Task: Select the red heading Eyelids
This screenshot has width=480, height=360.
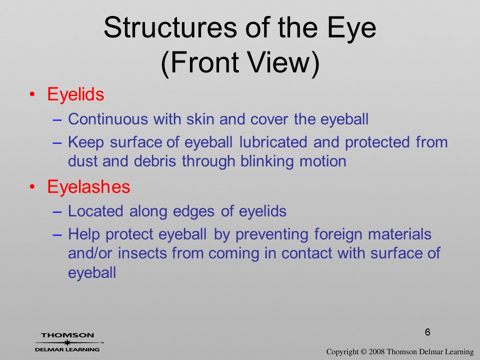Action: click(x=75, y=94)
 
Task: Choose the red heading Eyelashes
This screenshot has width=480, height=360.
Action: click(x=88, y=186)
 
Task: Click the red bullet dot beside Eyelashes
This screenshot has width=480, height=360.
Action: click(x=32, y=186)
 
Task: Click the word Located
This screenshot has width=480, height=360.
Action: click(x=95, y=211)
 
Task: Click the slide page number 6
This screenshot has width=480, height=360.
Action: click(x=427, y=332)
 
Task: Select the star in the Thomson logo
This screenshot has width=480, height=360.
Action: click(x=67, y=342)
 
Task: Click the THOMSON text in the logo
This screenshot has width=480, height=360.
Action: click(x=67, y=335)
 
